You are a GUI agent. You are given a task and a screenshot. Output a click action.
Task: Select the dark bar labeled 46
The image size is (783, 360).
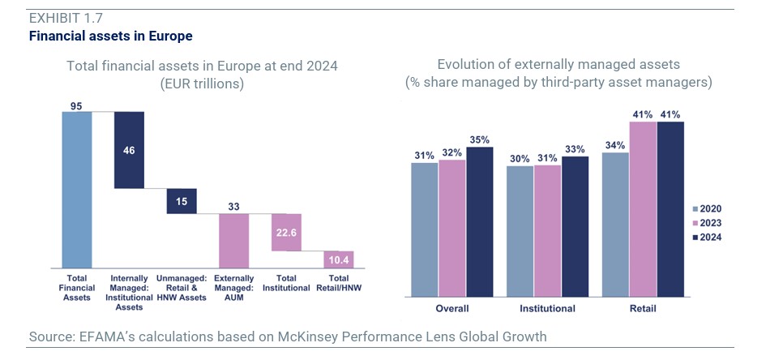click(x=129, y=150)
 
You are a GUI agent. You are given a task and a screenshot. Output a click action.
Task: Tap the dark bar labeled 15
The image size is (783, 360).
click(x=182, y=201)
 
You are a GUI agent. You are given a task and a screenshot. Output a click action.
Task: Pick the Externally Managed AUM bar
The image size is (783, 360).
click(x=234, y=241)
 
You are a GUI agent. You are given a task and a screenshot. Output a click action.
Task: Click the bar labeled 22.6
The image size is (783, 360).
click(x=287, y=233)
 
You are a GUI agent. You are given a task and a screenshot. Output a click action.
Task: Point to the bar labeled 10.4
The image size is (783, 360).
click(x=339, y=259)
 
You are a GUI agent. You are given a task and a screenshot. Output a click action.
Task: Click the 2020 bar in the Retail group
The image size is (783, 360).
click(x=615, y=225)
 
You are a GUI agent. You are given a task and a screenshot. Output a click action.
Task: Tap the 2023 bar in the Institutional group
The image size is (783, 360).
click(x=547, y=231)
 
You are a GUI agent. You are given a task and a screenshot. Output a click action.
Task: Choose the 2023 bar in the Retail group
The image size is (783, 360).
click(x=643, y=210)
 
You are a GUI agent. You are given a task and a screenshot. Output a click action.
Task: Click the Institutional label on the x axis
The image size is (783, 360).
click(x=547, y=308)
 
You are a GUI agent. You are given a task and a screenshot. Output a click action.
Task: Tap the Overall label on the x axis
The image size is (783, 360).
click(x=451, y=308)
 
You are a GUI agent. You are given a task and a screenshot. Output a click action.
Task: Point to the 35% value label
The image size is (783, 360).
click(x=479, y=139)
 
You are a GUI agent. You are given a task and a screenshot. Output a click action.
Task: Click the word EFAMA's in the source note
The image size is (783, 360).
click(x=106, y=336)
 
